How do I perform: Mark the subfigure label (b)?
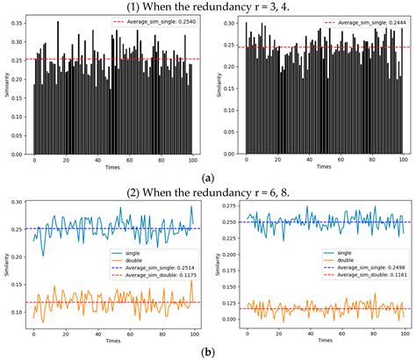[x=208, y=351]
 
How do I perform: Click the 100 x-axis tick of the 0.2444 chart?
[x=401, y=159]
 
